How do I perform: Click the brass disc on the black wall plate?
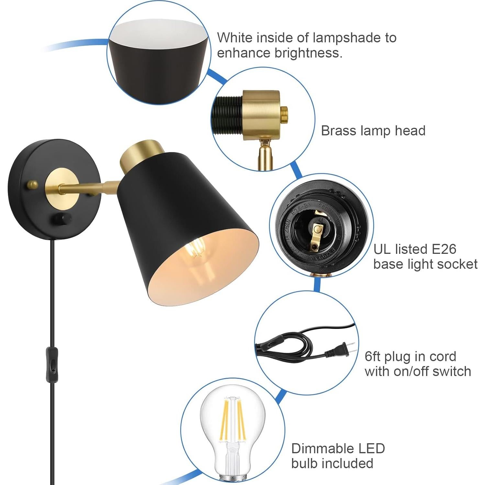62,185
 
